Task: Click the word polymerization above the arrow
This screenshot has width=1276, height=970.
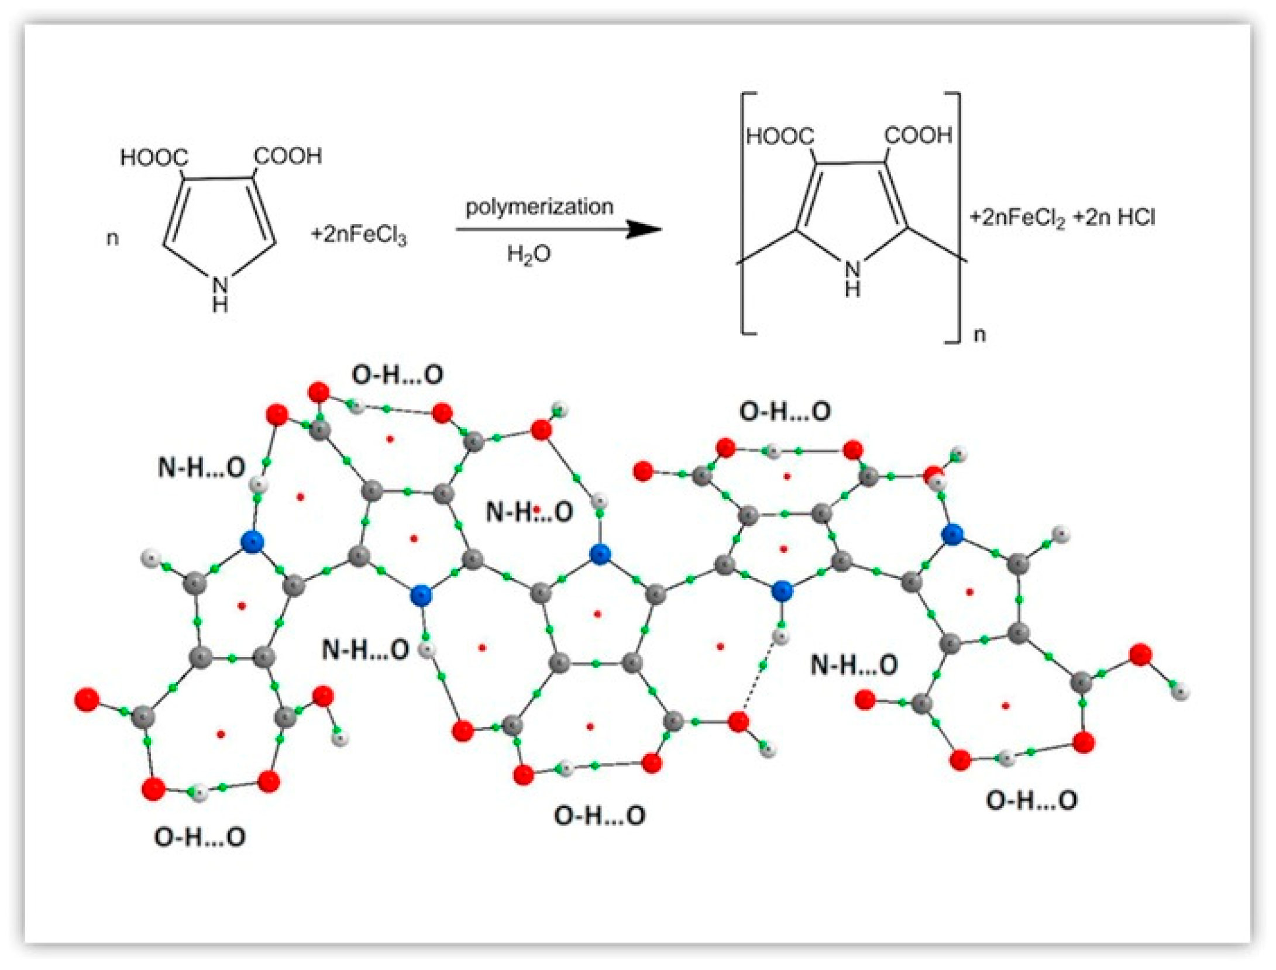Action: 539,207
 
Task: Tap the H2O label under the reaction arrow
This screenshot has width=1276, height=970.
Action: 528,254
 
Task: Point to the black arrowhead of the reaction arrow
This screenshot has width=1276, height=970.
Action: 644,229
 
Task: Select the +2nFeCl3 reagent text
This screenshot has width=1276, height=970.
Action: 359,235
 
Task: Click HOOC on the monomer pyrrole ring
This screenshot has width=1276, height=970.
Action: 154,157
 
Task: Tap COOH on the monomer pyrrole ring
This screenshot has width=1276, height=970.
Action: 288,156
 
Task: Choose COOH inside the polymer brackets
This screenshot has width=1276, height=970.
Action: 918,136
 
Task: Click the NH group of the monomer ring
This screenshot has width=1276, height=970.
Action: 220,294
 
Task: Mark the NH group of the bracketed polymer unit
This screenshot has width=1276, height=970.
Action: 852,278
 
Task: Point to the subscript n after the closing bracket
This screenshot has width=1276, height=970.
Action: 979,335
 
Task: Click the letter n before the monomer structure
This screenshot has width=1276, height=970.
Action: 112,238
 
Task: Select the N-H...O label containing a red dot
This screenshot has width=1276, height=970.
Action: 529,512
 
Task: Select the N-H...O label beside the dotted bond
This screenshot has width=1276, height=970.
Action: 854,665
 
